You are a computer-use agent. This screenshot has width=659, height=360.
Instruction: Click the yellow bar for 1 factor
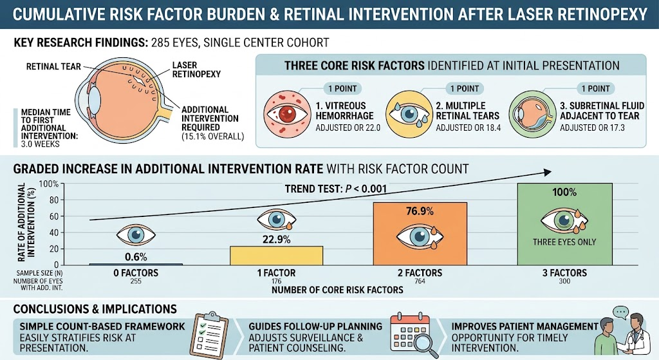point(277,256)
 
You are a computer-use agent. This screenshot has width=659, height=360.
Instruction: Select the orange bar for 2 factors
point(420,234)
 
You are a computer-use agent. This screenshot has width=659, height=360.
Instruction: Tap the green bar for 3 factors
point(564,224)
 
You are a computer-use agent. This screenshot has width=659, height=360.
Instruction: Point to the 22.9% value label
point(277,240)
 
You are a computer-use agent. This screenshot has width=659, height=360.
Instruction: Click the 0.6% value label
point(136,257)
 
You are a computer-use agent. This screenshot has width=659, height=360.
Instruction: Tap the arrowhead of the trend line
point(547,172)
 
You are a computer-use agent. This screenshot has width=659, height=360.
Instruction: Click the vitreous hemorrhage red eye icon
point(287,115)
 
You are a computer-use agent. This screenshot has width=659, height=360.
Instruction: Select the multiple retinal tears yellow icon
point(409,115)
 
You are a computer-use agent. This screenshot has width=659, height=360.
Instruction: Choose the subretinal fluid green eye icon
point(532,115)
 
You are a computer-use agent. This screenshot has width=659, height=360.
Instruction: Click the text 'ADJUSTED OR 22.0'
point(348,128)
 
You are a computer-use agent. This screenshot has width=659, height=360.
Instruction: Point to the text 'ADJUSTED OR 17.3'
point(592,128)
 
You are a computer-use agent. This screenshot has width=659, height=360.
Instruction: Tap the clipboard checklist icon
point(209,335)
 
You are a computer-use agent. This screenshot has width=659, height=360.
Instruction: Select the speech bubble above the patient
point(620,312)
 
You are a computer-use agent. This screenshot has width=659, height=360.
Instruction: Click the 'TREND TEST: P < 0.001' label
point(336,189)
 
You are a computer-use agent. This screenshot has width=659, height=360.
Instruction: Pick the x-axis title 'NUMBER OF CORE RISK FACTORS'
point(337,290)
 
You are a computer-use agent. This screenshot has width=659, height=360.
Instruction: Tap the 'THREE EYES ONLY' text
point(564,242)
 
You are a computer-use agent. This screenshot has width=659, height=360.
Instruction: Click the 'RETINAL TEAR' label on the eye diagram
point(53,66)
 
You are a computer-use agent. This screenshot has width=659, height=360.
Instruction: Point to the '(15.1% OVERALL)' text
point(212,137)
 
